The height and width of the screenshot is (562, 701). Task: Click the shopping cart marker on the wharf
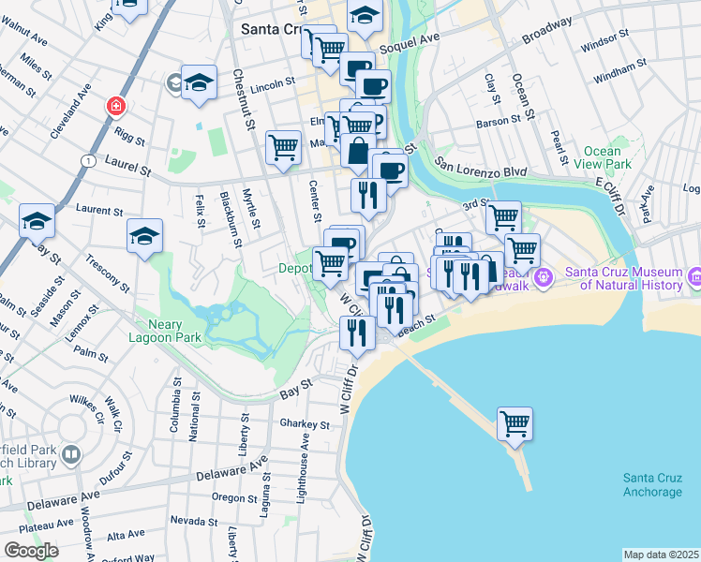(515, 423)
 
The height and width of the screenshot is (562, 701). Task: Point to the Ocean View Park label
(602, 157)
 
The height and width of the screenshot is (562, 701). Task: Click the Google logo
(31, 551)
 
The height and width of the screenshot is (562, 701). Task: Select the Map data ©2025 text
(661, 555)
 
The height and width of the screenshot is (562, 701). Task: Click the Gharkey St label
(305, 424)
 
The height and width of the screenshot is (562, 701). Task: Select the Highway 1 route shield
(88, 161)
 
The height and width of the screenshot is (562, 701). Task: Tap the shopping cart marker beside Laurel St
(283, 146)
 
